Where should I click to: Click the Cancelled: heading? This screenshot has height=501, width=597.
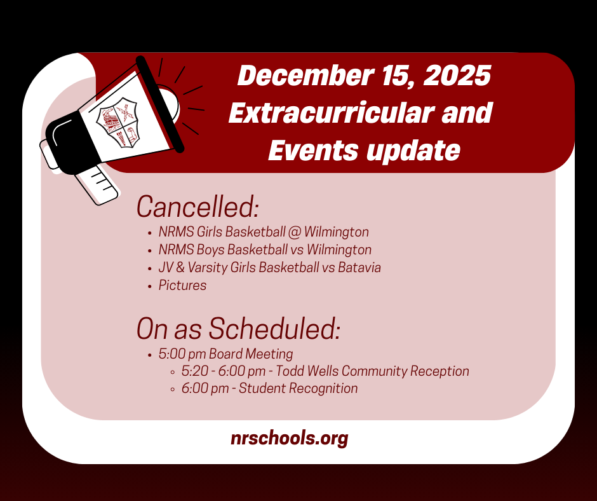[x=198, y=207]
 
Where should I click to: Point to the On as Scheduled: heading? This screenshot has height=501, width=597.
[x=239, y=328]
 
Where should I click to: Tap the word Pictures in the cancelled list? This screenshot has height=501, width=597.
[x=183, y=285]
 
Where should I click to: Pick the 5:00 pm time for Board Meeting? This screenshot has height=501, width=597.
[x=182, y=354]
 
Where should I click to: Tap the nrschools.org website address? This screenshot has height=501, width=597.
[x=289, y=438]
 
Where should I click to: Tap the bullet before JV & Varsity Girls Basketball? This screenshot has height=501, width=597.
[x=149, y=268]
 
